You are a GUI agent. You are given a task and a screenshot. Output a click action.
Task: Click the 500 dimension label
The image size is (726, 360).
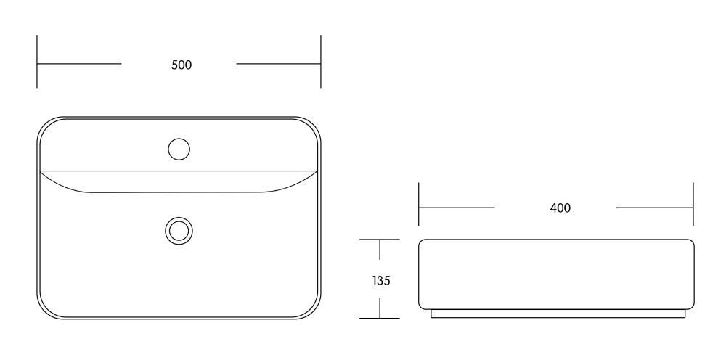(x=181, y=65)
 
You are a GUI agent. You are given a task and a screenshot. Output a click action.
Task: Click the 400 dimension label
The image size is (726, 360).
(x=560, y=208)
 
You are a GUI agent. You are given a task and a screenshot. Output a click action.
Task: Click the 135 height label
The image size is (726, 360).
(x=381, y=280)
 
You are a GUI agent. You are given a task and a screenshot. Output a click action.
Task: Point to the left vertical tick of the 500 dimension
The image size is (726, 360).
(x=37, y=61)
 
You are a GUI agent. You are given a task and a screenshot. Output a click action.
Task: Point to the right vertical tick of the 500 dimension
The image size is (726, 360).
(x=320, y=61)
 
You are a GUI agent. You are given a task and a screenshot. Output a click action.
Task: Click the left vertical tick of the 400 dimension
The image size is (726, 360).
(x=419, y=204)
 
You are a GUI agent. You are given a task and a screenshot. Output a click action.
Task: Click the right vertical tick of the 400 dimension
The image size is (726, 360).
(x=693, y=204)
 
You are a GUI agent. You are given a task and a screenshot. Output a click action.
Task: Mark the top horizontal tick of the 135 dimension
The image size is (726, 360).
(x=379, y=240)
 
